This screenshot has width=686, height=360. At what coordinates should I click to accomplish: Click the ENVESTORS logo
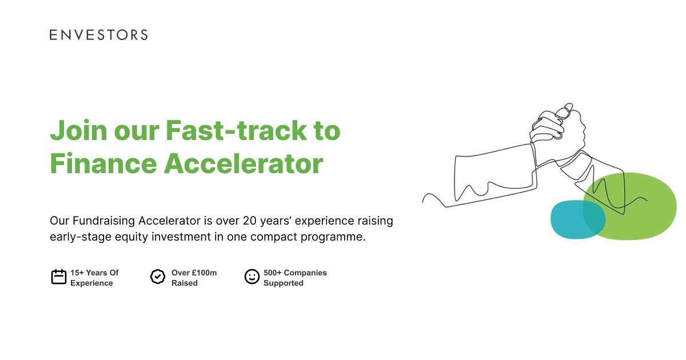click(98, 35)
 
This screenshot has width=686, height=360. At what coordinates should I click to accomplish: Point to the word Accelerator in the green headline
click(244, 163)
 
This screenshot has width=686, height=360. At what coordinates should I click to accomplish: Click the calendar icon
click(59, 277)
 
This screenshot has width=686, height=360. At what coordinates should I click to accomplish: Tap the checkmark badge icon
click(158, 277)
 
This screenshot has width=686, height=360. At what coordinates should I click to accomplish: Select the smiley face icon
click(252, 277)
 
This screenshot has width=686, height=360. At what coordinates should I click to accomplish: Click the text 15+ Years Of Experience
click(94, 278)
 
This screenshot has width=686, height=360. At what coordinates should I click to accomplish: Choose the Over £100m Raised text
click(194, 278)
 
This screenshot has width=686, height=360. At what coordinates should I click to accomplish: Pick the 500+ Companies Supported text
click(295, 278)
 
